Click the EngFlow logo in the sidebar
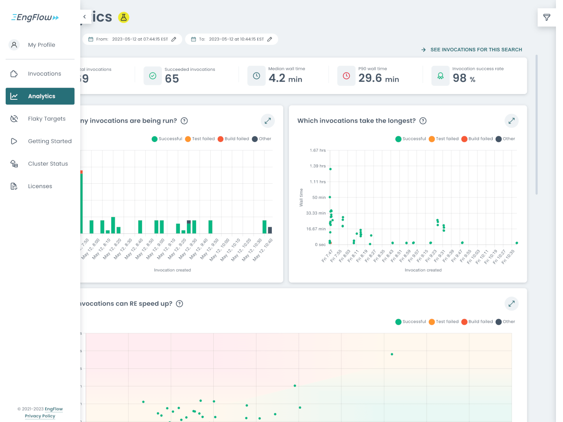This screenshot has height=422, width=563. [35, 18]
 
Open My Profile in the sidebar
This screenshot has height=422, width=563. [41, 45]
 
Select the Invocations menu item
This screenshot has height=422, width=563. [44, 74]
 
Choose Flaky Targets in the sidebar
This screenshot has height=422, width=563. [46, 119]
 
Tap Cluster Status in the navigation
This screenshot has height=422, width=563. [48, 164]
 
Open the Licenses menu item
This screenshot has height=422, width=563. [40, 186]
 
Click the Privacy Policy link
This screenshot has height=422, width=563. [40, 416]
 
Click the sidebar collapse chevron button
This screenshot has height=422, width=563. [84, 17]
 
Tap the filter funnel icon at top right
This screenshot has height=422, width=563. [547, 18]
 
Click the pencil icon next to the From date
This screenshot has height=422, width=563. [174, 39]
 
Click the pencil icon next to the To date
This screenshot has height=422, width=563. [270, 39]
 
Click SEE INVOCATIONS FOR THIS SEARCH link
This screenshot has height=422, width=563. [476, 50]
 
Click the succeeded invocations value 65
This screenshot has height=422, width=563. [172, 79]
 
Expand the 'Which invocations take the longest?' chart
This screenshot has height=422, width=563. [512, 121]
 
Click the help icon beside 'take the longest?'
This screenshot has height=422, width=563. [423, 121]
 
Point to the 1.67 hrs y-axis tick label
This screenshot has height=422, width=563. [318, 150]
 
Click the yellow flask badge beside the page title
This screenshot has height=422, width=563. [124, 18]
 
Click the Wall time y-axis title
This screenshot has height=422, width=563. [301, 197]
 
